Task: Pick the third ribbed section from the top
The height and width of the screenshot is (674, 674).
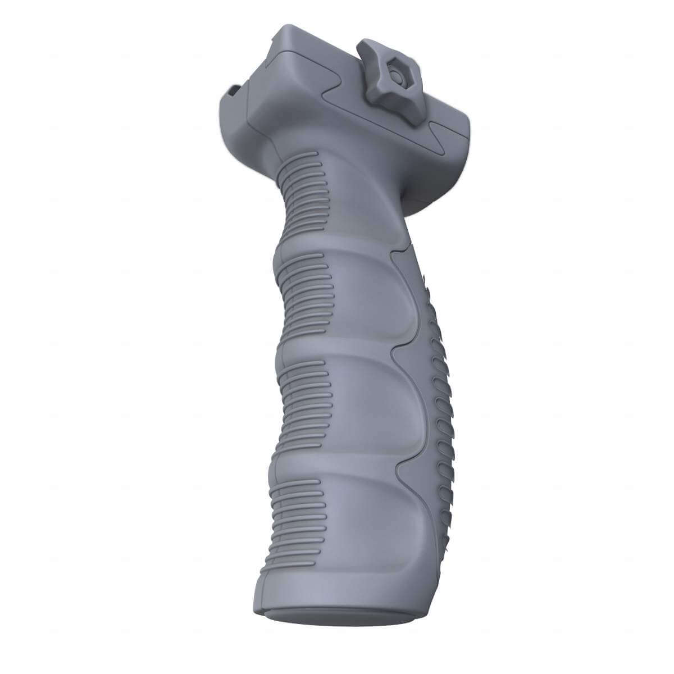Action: pyautogui.click(x=300, y=393)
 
